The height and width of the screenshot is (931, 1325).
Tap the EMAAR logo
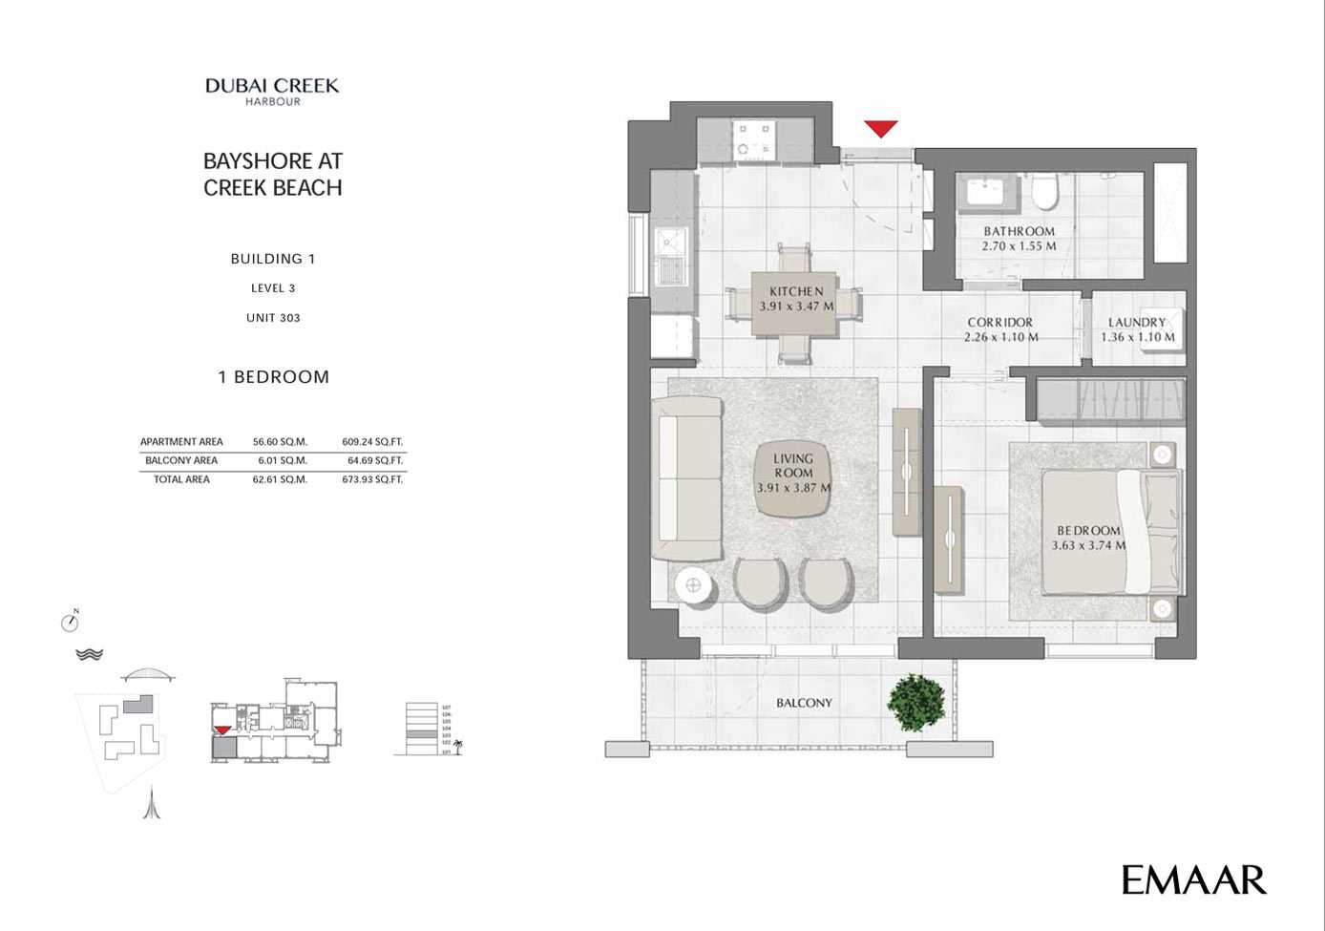click(1193, 879)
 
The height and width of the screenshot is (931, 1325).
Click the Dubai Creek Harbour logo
click(272, 91)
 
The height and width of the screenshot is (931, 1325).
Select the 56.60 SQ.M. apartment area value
click(280, 442)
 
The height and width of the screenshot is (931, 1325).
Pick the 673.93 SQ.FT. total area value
click(372, 479)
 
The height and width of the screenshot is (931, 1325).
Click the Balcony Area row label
click(181, 460)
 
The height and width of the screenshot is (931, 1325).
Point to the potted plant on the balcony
click(916, 703)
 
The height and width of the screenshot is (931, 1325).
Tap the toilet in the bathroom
click(1045, 192)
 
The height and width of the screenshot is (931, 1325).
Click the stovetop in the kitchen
click(754, 139)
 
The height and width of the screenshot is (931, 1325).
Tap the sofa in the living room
click(687, 478)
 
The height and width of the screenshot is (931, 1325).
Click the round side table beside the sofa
click(694, 585)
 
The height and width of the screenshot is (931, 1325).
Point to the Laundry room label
click(1137, 323)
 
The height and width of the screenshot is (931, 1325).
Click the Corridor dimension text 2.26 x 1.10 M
click(1000, 337)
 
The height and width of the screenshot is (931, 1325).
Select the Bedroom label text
click(1088, 531)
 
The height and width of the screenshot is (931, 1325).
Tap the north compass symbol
click(70, 622)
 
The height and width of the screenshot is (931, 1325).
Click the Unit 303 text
click(273, 318)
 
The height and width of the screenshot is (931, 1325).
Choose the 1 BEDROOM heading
click(274, 377)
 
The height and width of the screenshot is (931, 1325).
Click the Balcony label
click(804, 703)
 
